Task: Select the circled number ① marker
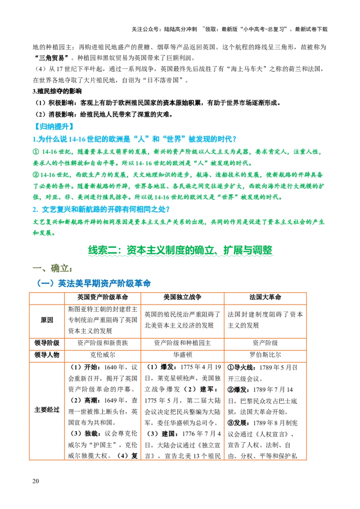click(x=36, y=152)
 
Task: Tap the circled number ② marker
click(x=36, y=174)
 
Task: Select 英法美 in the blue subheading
click(x=65, y=283)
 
